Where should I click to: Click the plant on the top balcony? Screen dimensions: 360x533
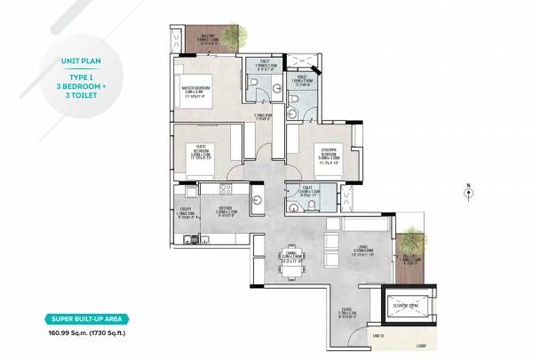(x=235, y=35)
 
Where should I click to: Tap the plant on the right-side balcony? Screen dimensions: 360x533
(x=413, y=238)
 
